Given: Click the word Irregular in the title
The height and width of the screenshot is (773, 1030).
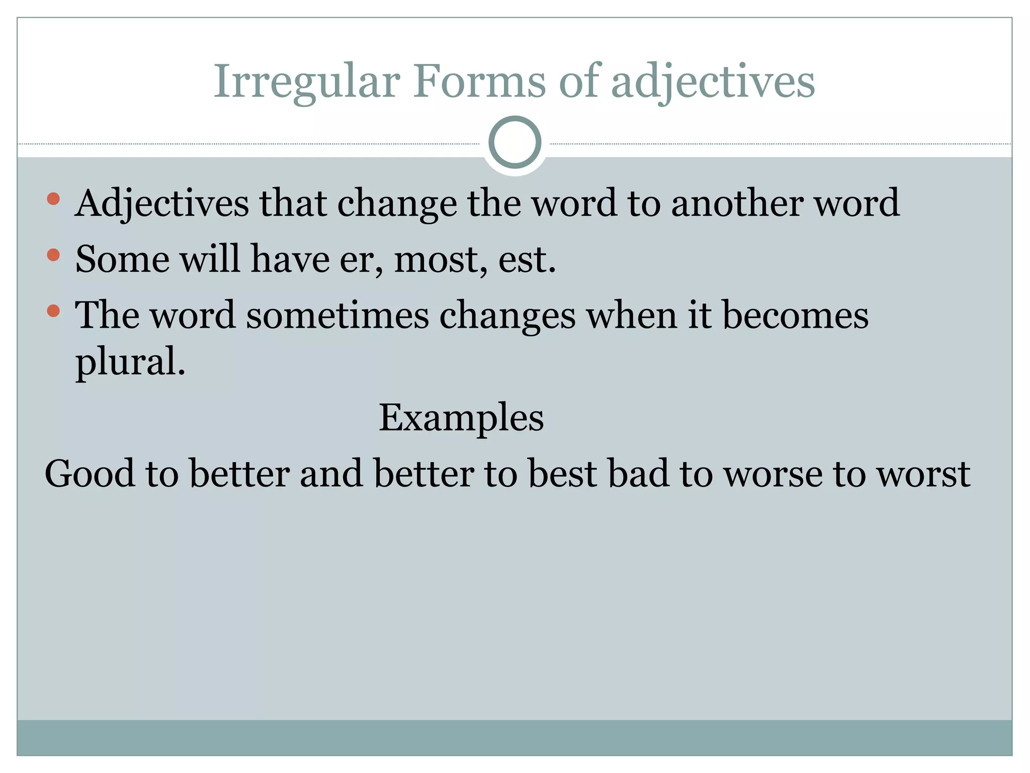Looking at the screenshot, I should pos(307,82).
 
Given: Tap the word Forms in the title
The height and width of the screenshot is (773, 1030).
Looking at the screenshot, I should pos(479,82).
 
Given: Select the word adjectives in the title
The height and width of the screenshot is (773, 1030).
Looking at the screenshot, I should pos(713,83).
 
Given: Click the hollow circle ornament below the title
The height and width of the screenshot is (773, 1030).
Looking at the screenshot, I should pos(514,142).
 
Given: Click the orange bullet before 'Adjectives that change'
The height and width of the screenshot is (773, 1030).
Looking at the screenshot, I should pos(53,199).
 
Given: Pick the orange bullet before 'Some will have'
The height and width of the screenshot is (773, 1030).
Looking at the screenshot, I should pos(53,255).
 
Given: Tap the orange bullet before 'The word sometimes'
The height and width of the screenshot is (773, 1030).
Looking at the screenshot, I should pos(53,311).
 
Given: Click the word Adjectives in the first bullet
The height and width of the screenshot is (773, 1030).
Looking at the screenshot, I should pos(162,204).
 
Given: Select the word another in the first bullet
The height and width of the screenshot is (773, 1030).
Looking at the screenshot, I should pos(737,203).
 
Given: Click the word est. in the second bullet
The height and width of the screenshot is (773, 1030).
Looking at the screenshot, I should pos(527,260).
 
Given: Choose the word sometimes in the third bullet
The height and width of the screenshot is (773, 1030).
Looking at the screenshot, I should pos(337,316).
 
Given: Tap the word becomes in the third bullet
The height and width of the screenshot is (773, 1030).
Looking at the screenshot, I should pos(795,316).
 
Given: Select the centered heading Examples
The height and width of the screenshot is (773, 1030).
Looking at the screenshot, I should pos(461,418).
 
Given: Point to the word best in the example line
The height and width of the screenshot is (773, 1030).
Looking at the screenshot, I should pos(562,474).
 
